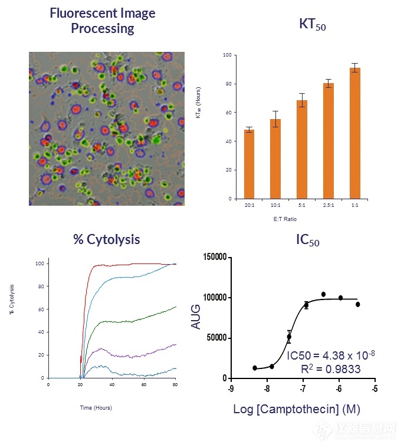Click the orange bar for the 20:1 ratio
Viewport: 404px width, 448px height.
249,164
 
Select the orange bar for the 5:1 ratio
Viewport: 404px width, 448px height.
302,150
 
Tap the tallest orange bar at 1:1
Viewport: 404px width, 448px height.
354,133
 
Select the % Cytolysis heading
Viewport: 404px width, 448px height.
107,240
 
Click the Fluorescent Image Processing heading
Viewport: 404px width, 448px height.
103,20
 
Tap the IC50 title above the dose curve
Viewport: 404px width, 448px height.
307,240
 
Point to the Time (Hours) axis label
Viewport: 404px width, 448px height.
96,407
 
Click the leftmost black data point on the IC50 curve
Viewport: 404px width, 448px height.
254,368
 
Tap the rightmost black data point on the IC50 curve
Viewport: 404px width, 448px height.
357,304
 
